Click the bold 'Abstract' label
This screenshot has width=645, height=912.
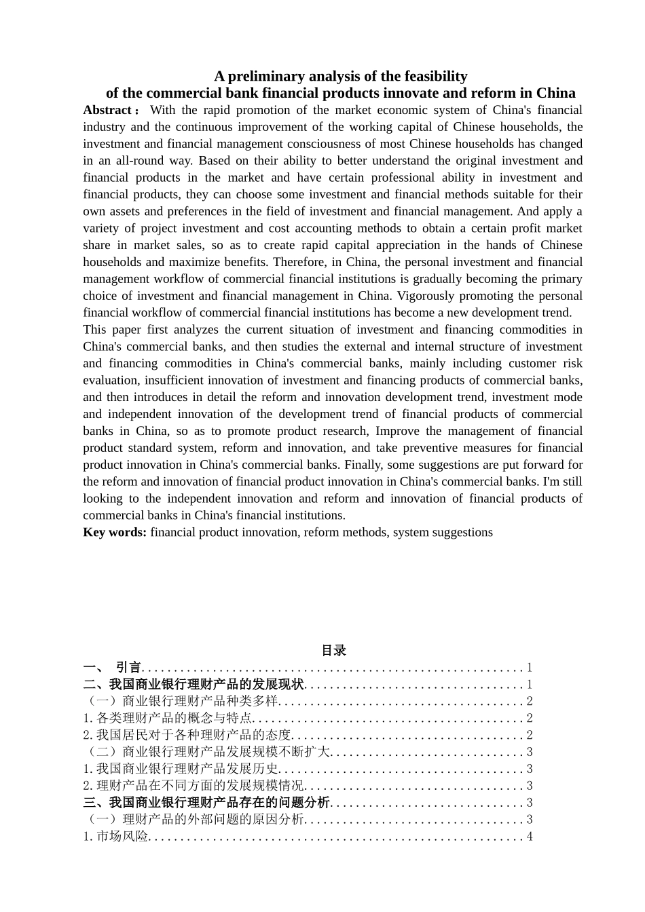tap(107, 110)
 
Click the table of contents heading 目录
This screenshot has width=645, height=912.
tap(333, 651)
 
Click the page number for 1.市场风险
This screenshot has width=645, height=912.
tap(530, 837)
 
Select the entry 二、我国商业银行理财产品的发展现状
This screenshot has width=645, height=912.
tap(193, 685)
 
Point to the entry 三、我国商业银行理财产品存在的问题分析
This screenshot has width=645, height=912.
tap(206, 803)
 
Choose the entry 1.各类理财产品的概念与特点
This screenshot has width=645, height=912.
tap(168, 718)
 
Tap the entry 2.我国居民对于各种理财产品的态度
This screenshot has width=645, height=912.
tap(187, 735)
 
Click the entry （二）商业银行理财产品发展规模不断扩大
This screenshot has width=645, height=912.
tap(206, 752)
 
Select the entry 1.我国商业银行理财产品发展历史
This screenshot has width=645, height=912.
tap(181, 769)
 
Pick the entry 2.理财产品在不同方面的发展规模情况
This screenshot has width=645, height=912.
tap(193, 786)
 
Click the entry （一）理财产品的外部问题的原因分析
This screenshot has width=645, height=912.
tap(193, 820)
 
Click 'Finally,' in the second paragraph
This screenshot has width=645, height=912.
tap(363, 465)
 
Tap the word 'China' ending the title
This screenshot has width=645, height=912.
tap(555, 93)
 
